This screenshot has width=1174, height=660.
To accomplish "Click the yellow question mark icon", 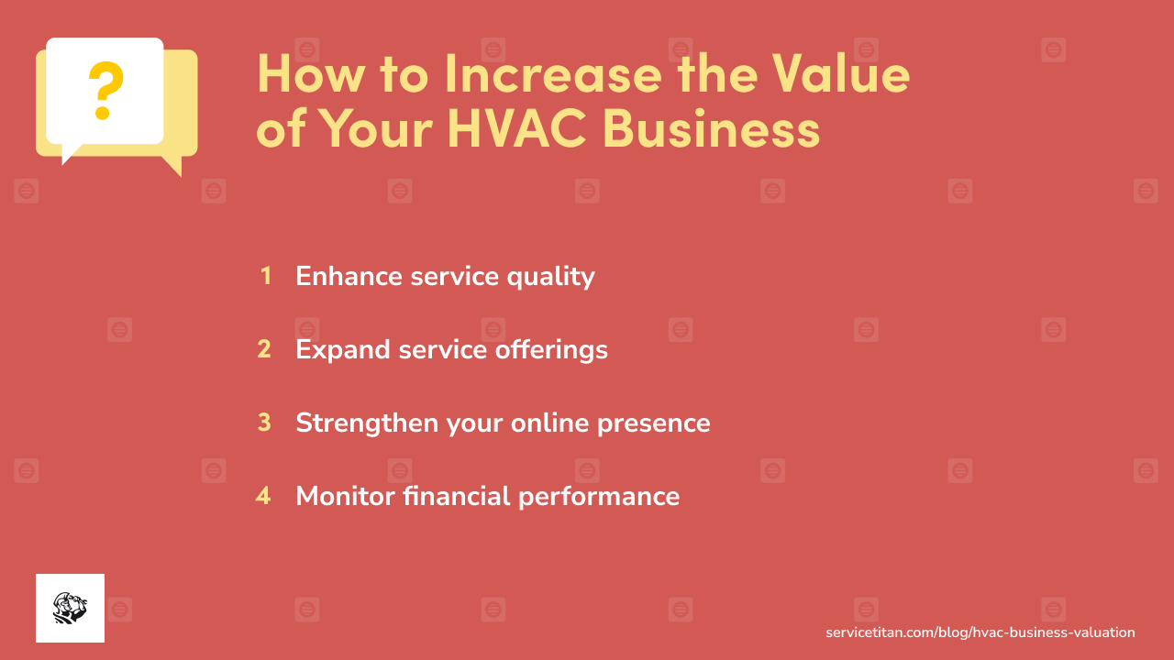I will [105, 90].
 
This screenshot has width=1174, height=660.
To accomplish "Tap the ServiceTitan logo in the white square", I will [70, 608].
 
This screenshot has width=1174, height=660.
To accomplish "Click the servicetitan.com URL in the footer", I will [980, 632].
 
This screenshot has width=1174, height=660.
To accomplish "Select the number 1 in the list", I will [265, 276].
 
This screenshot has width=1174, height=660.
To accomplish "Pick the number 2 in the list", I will [264, 349].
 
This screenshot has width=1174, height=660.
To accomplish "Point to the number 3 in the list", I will [264, 423].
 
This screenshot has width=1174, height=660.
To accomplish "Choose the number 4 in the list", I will [263, 496].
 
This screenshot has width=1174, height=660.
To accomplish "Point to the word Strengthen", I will [367, 423].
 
